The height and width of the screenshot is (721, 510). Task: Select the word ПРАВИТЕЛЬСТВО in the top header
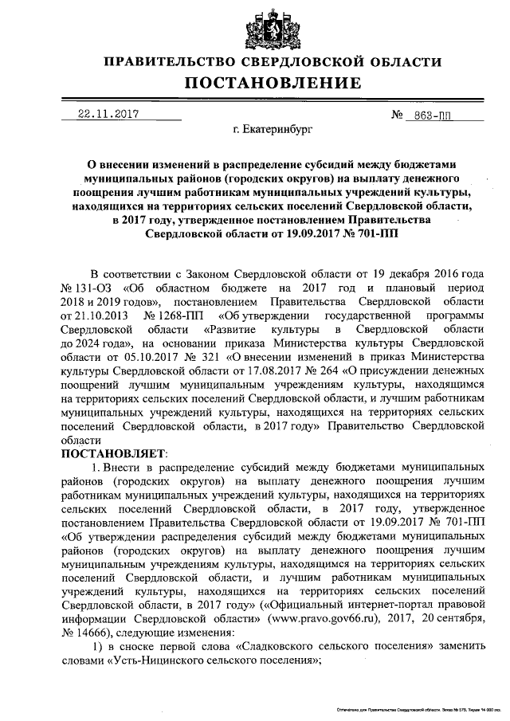coord(171,62)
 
